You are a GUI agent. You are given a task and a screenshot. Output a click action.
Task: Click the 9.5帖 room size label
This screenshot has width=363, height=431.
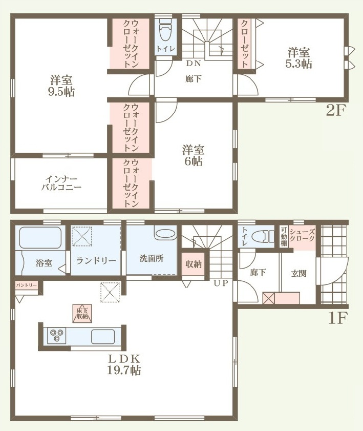61,92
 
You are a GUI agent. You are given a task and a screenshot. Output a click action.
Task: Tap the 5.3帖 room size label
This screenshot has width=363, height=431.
299,64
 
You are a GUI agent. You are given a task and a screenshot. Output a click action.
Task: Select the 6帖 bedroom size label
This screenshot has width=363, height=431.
194,161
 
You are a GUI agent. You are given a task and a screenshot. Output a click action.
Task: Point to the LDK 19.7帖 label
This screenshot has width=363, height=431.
124,364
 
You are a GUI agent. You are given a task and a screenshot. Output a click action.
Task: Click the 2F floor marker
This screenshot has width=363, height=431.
335,111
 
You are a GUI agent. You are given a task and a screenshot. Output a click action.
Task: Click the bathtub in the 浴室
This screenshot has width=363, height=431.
40,237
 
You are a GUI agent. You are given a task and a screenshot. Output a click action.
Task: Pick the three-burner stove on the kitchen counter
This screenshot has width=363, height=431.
56,336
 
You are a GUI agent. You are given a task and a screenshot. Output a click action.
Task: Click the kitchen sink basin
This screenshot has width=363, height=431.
103,336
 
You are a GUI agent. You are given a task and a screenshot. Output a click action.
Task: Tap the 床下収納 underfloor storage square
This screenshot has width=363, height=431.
82,313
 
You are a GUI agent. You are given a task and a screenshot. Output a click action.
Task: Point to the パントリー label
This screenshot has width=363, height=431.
26,285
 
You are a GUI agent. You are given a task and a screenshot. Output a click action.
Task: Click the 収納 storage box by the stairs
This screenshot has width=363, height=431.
194,264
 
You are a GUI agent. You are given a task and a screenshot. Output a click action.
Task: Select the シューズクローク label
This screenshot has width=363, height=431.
302,235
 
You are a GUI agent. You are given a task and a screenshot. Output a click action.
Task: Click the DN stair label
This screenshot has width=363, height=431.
194,64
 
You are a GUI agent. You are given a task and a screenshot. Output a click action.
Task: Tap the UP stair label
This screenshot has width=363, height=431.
221,283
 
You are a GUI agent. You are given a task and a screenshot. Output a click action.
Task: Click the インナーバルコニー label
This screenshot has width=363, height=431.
61,183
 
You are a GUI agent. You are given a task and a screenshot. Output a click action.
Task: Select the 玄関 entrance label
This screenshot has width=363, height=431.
299,274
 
